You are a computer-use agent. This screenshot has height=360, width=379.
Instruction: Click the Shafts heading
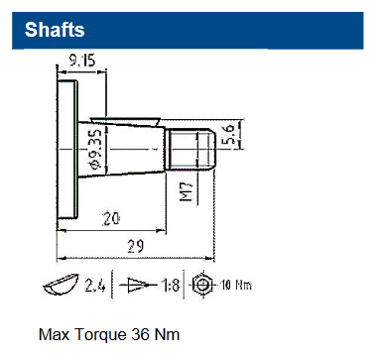click(55, 30)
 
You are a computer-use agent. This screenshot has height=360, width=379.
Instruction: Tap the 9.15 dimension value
click(82, 60)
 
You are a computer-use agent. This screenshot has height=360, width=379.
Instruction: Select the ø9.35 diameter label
click(95, 149)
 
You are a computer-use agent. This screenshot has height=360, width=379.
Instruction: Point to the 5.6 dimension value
click(229, 134)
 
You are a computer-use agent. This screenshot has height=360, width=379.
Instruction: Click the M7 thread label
click(187, 190)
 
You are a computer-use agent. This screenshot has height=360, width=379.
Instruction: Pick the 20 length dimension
click(111, 219)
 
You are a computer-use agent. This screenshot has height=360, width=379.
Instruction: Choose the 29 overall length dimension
click(136, 246)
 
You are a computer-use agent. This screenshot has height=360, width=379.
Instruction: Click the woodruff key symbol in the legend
click(62, 284)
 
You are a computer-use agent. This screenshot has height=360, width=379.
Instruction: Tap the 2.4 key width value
click(95, 285)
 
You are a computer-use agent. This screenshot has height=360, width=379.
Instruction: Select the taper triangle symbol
click(138, 285)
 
